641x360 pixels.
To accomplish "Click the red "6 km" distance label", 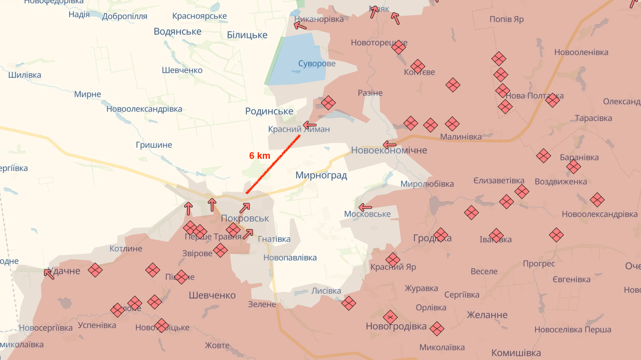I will tap(260, 156).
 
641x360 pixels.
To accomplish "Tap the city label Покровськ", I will tap(245, 218).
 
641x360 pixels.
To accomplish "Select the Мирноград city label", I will tap(321, 175).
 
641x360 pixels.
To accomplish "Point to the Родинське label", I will tap(269, 111).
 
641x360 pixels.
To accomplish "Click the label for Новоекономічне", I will tap(389, 150).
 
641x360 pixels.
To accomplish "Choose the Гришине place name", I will tap(154, 145).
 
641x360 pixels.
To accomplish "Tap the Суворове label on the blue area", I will tap(317, 63).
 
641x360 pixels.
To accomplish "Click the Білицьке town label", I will tap(247, 35).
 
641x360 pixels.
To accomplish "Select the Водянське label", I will tap(178, 31).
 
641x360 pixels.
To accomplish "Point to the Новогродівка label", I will tap(396, 326).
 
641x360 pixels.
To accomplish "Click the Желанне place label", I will tap(487, 315).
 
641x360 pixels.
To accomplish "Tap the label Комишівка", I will tap(516, 353).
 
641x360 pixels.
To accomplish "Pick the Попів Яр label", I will tap(506, 19).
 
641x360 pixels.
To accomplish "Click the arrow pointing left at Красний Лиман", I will tap(310, 125).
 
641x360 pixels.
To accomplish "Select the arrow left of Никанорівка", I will tap(300, 25).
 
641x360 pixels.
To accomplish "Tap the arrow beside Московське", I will tap(365, 207).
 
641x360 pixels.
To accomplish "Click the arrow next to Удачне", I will tap(49, 274).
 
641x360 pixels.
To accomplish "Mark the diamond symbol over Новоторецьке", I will tap(398, 47).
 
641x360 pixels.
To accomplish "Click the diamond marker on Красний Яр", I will tap(393, 260).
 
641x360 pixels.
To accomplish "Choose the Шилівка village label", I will tap(25, 75).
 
